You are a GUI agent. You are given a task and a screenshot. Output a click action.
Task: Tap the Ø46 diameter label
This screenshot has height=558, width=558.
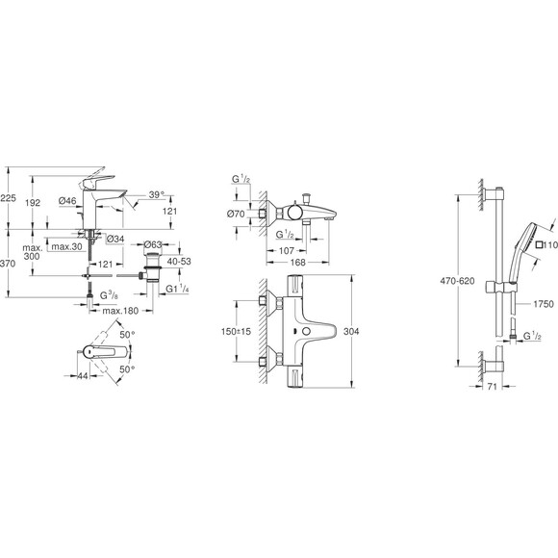(x=67, y=201)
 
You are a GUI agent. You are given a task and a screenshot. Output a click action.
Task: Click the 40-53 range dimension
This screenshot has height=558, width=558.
(x=180, y=262)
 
